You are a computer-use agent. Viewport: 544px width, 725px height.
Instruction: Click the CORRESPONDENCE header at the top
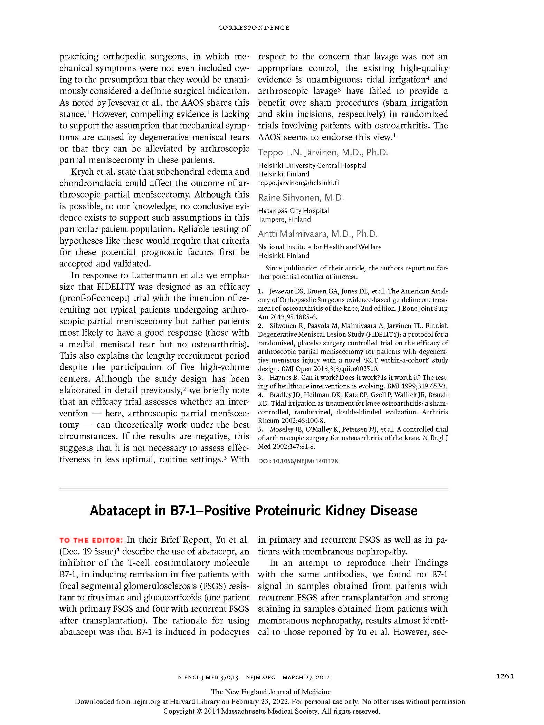tap(254, 28)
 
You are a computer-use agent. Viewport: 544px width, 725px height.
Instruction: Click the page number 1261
tap(505, 685)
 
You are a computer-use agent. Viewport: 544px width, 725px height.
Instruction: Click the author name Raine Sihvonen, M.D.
tap(301, 197)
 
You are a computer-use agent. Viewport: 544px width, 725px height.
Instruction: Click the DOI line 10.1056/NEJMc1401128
tap(298, 461)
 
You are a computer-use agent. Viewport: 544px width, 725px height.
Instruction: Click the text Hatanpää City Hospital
tap(293, 210)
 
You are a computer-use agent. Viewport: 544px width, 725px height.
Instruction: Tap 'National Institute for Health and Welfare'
tap(319, 246)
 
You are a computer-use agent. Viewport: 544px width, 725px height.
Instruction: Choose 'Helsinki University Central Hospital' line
tap(312, 165)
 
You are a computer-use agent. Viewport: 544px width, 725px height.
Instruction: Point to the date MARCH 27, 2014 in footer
tap(306, 687)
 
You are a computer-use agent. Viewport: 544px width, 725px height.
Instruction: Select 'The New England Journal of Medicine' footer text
tap(271, 702)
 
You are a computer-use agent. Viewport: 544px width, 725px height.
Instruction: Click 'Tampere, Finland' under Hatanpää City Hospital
tap(284, 219)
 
